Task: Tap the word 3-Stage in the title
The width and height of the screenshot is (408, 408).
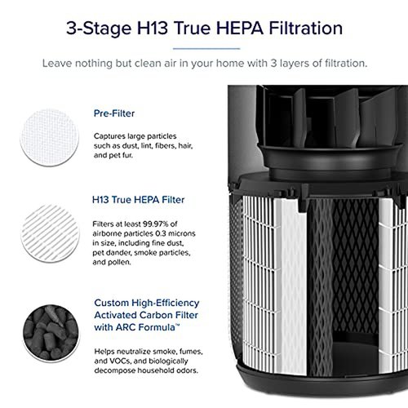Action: (99, 29)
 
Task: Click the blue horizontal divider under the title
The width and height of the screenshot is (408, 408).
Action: (206, 49)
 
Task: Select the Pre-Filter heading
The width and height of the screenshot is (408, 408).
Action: (114, 113)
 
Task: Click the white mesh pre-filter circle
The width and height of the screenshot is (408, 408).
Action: (50, 137)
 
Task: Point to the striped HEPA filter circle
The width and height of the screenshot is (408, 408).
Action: (50, 233)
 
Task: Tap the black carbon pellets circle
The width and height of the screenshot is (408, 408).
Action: (51, 333)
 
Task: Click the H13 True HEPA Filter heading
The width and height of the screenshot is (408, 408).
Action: (138, 200)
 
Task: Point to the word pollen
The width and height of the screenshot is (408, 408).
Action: (120, 262)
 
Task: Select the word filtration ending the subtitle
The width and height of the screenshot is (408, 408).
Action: (346, 64)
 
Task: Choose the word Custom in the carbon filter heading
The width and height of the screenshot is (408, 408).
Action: (112, 303)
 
